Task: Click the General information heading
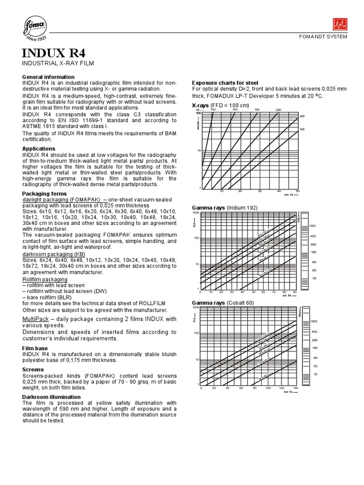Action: click(48, 77)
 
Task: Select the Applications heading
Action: click(39, 149)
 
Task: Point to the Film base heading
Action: click(36, 348)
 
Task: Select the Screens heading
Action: click(33, 369)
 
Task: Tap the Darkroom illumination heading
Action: click(52, 397)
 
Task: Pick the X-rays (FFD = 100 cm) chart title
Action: click(220, 105)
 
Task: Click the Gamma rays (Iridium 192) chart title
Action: click(224, 208)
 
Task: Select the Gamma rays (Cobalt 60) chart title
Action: click(223, 302)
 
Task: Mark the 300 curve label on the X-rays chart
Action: click(302, 129)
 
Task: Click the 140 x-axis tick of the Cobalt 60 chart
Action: click(295, 388)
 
